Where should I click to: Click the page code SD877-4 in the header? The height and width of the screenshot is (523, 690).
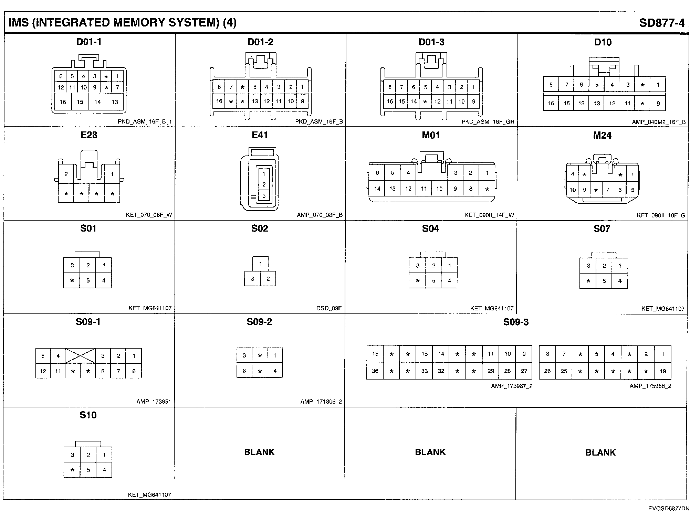coord(662,23)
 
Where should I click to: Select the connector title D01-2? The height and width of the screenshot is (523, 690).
coord(260,42)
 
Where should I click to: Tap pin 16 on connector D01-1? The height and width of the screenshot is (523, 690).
coord(63,102)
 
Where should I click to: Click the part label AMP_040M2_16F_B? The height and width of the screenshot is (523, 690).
coord(659,122)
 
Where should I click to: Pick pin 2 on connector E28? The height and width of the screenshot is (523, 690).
coord(66,174)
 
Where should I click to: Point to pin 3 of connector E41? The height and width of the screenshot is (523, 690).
coord(264,196)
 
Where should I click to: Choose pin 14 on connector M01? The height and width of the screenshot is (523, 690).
coord(377,189)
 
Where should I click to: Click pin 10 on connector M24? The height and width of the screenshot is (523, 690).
coord(572,190)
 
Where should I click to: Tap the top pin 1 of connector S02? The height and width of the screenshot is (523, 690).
coord(260,264)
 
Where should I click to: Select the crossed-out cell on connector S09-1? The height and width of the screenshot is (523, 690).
coord(80,356)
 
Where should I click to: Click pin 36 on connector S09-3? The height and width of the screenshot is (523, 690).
coord(375,371)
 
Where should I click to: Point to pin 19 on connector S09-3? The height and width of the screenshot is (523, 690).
coord(662,371)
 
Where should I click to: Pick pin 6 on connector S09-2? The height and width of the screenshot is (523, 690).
coord(244,371)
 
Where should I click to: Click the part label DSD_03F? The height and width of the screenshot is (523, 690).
coord(329,308)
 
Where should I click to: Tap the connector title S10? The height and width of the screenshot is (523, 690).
coord(88,415)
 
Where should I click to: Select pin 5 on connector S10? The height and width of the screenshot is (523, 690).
coord(88,470)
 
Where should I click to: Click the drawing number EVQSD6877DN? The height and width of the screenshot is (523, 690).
coord(669,509)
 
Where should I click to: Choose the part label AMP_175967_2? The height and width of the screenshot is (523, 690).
coord(511,386)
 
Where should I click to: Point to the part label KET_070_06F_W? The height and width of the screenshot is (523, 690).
coord(149,215)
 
